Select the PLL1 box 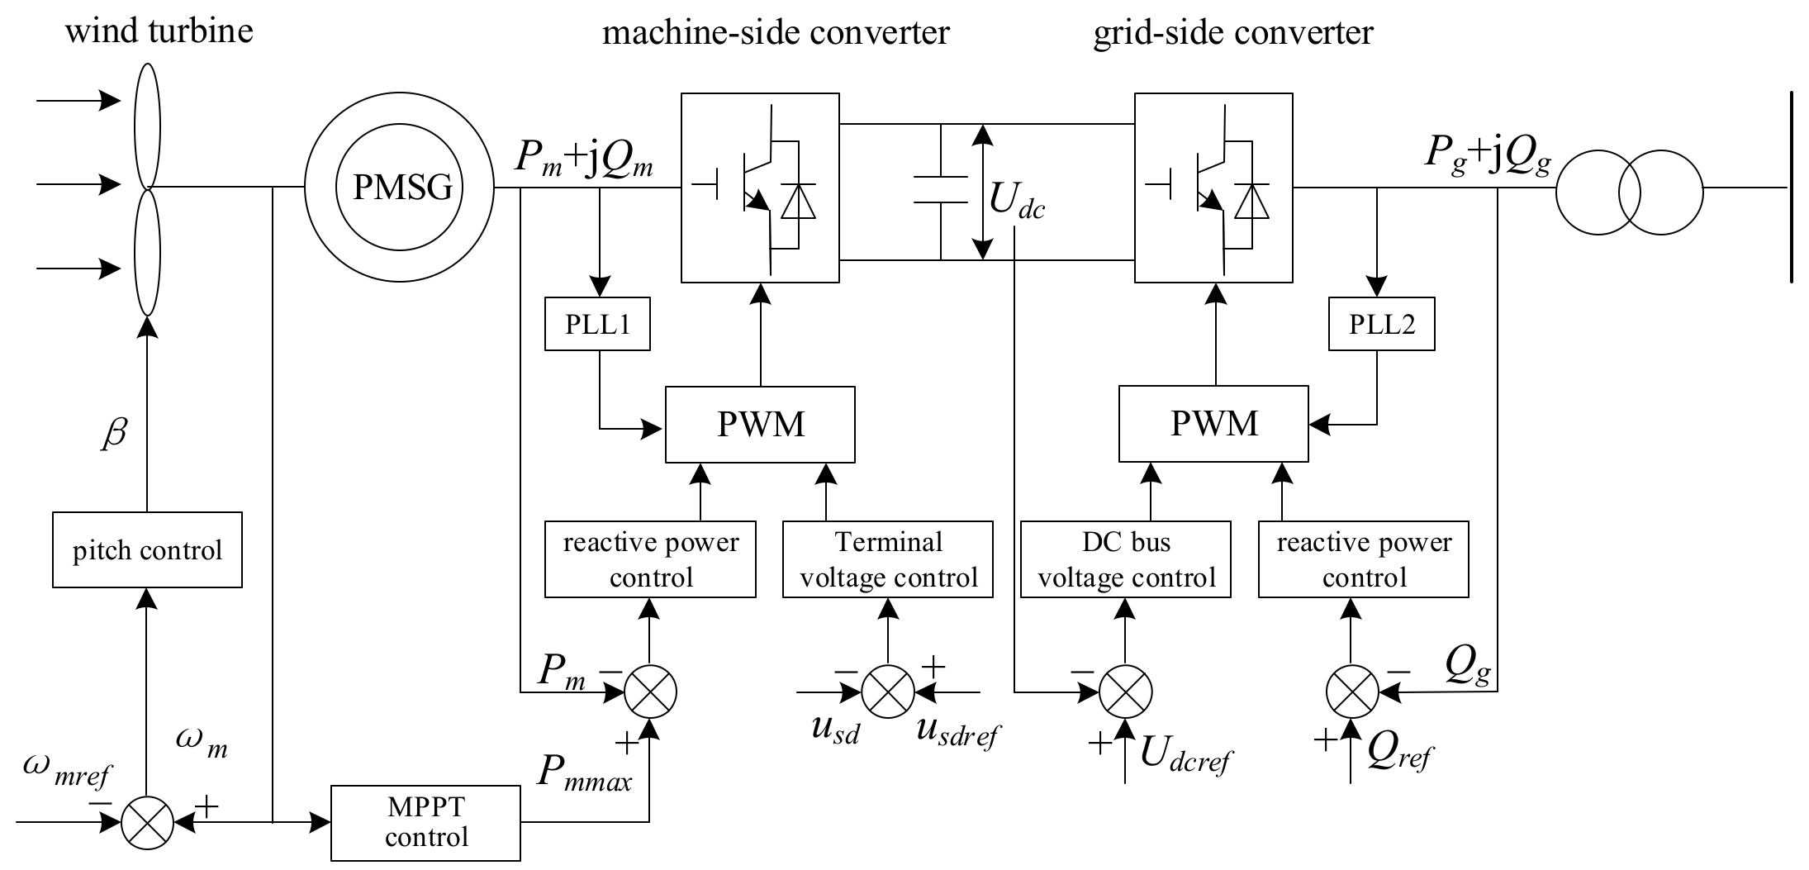click(597, 324)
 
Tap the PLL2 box click(1381, 324)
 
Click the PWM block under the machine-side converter click(760, 424)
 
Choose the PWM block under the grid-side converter click(1213, 424)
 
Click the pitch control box click(147, 550)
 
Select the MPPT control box click(425, 824)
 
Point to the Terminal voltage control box click(888, 559)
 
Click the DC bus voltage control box click(1126, 559)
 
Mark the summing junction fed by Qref click(1351, 691)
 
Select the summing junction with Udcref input click(1125, 691)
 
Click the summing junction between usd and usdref click(888, 691)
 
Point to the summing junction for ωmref click(147, 823)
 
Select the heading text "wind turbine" click(159, 31)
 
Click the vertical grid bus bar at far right click(1791, 188)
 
